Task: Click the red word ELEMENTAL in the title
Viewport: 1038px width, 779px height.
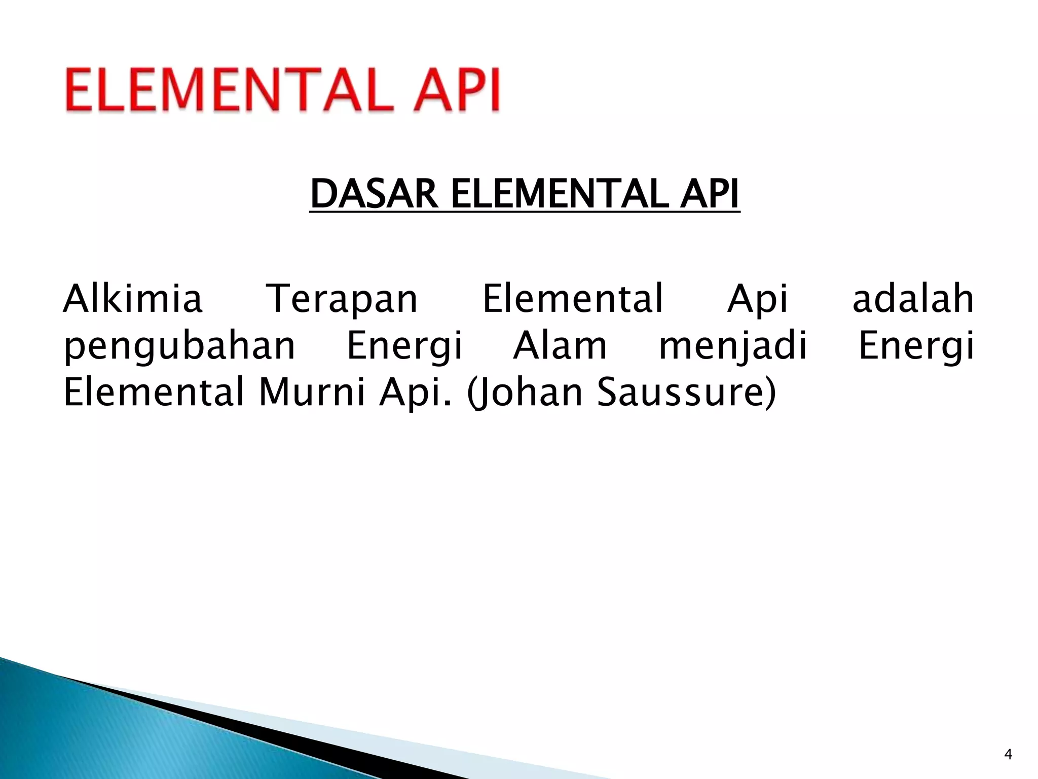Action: pos(229,90)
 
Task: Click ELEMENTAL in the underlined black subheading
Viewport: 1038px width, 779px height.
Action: pos(559,194)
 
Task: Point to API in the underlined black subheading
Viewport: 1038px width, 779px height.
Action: pos(709,194)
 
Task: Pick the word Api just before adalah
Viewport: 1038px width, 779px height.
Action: pos(758,299)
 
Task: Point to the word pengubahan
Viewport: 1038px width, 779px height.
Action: pos(179,347)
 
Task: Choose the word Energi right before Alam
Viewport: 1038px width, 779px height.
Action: pos(404,347)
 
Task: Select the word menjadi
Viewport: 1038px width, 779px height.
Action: pos(732,347)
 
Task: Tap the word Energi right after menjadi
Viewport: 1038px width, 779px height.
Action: pos(916,347)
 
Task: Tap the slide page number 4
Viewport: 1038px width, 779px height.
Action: pos(1008,755)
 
